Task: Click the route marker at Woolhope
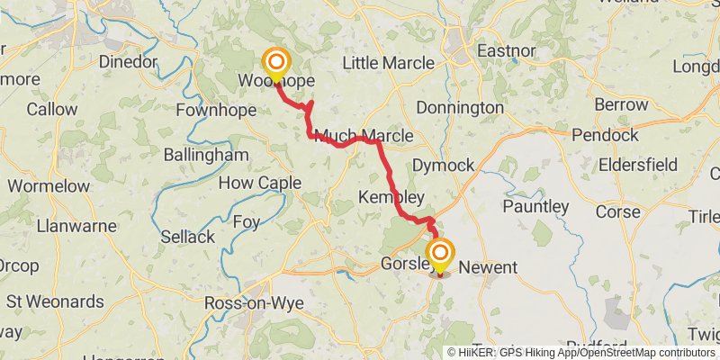pyautogui.click(x=276, y=63)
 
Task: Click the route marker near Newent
pyautogui.click(x=439, y=253)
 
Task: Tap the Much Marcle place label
pyautogui.click(x=364, y=136)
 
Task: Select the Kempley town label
pyautogui.click(x=391, y=196)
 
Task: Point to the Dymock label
pyautogui.click(x=442, y=165)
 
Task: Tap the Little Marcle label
pyautogui.click(x=388, y=63)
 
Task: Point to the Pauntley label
pyautogui.click(x=535, y=207)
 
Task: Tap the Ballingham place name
pyautogui.click(x=205, y=155)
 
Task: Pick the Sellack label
pyautogui.click(x=187, y=237)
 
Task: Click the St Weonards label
pyautogui.click(x=51, y=300)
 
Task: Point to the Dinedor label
pyautogui.click(x=126, y=62)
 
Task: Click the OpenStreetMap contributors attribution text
pyautogui.click(x=643, y=353)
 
